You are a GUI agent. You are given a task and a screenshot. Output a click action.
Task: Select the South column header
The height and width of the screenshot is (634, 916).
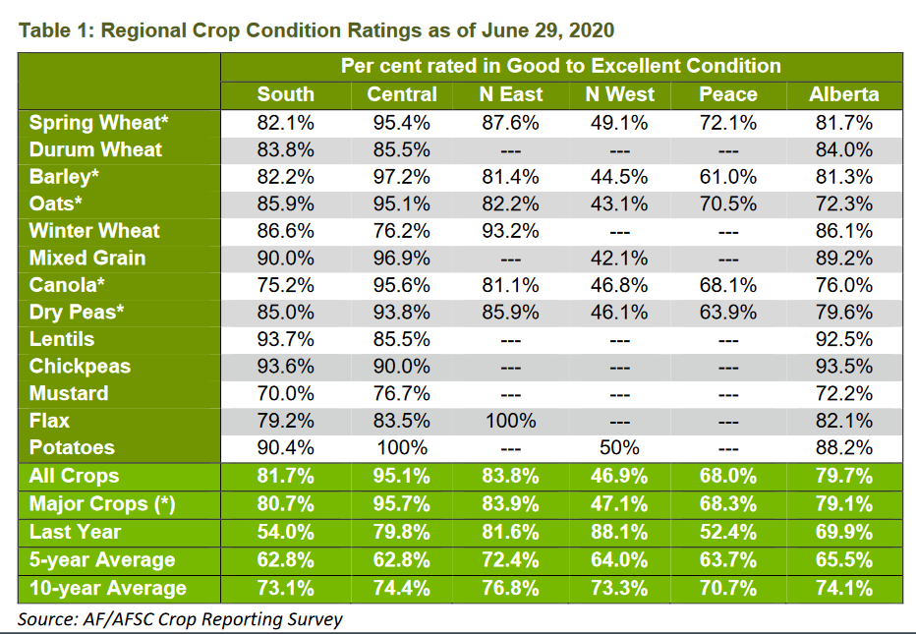click(x=285, y=95)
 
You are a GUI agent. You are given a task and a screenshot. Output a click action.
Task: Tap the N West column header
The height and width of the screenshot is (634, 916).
click(x=619, y=95)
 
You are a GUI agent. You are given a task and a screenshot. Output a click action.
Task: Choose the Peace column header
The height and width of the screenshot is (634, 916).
click(x=727, y=95)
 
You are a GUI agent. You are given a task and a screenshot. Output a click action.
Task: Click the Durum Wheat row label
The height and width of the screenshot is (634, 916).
click(x=95, y=150)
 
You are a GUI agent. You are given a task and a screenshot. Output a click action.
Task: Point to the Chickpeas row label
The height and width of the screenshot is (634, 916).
click(x=80, y=367)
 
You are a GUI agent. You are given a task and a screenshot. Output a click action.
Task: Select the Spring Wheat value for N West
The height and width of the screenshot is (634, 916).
click(x=619, y=124)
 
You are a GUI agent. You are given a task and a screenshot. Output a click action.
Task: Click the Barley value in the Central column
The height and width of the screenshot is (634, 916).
click(x=402, y=178)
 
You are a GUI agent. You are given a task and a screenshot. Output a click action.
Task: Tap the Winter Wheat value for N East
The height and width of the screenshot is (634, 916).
click(x=511, y=231)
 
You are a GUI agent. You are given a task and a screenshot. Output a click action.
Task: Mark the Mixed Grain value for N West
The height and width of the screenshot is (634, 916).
click(x=619, y=259)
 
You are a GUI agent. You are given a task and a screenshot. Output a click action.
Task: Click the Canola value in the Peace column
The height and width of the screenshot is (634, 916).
click(x=727, y=285)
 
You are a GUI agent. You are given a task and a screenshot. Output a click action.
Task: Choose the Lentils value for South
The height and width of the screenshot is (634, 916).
click(x=285, y=339)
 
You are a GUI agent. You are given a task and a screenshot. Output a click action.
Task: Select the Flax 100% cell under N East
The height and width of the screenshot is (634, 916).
click(x=511, y=421)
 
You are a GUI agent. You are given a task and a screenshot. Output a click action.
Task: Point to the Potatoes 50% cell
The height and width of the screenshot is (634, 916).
click(x=619, y=447)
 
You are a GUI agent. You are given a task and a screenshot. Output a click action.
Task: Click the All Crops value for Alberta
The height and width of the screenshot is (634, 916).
click(x=843, y=477)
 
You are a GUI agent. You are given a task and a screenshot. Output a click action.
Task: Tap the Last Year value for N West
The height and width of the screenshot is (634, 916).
click(x=619, y=533)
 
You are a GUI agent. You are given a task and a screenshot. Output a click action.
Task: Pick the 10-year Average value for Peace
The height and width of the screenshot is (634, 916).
click(x=727, y=589)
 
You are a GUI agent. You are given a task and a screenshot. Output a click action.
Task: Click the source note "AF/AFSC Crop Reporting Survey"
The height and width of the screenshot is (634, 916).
click(x=181, y=618)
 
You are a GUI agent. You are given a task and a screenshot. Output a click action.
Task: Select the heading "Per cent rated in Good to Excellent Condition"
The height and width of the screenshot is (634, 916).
click(x=561, y=67)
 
